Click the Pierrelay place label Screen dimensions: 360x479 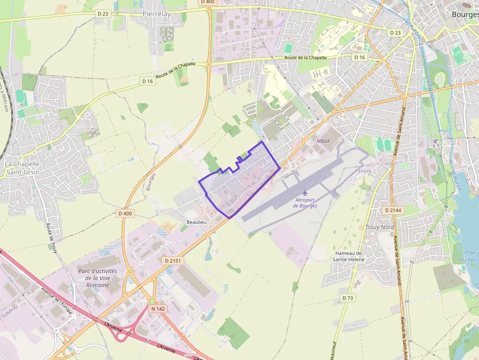[157, 14]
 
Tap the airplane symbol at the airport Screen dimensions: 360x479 [305, 192]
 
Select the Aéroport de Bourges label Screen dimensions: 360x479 [305, 203]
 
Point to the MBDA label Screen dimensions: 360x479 [324, 141]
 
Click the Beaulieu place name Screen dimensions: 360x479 [196, 222]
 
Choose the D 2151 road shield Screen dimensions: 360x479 [173, 261]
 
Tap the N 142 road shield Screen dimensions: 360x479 [157, 309]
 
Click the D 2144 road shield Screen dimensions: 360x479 [392, 210]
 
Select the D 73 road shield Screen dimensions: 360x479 [348, 298]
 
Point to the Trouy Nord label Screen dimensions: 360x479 [379, 227]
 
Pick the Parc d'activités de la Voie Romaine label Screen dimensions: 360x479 [98, 278]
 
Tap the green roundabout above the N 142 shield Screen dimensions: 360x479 [152, 301]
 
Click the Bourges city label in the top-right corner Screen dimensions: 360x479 [465, 15]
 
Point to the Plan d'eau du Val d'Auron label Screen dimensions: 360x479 [471, 256]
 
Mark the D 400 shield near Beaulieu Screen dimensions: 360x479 [125, 213]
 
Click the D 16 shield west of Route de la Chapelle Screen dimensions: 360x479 [147, 81]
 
